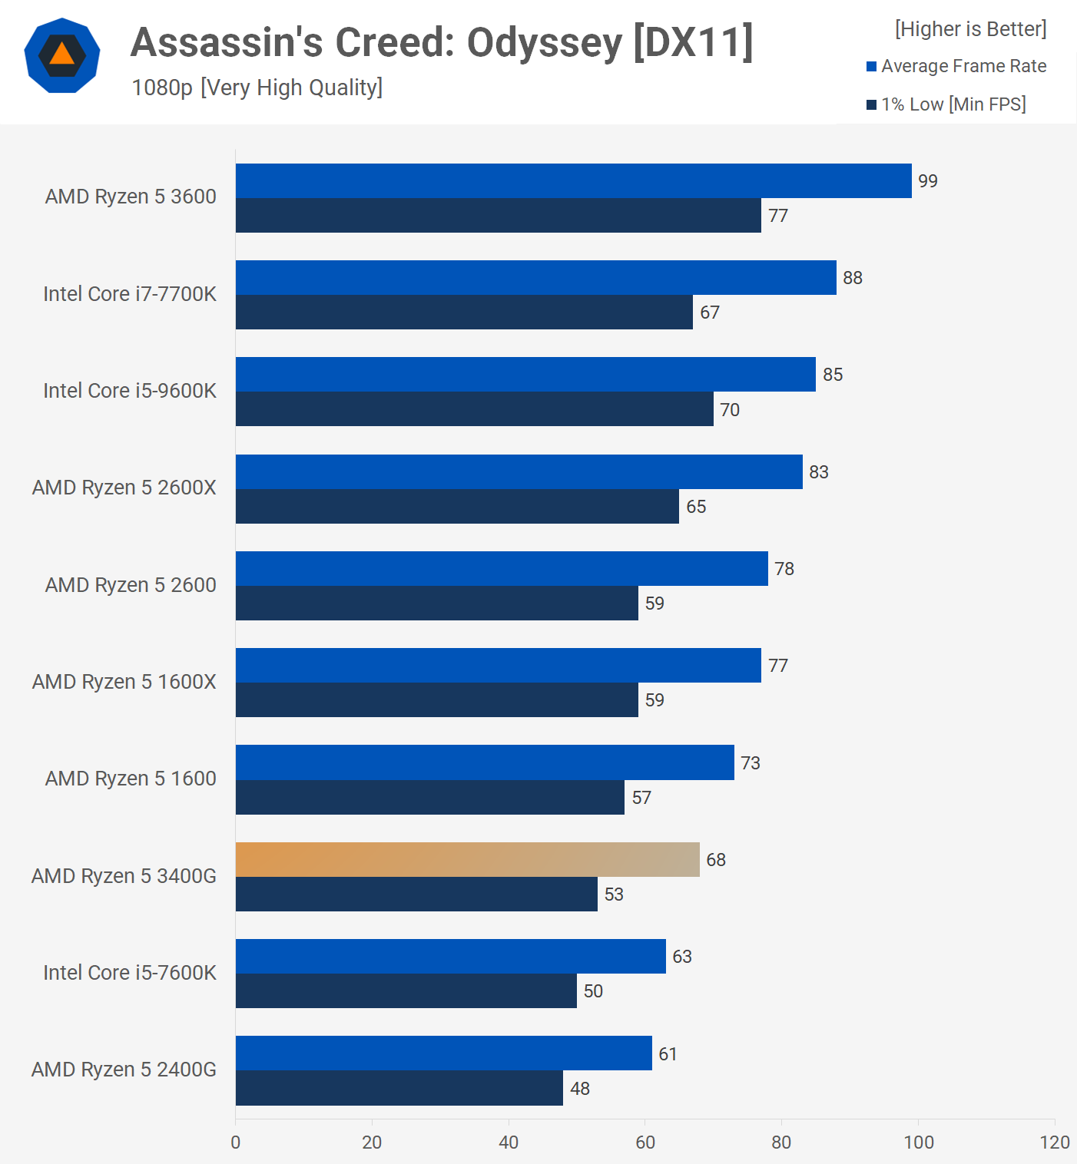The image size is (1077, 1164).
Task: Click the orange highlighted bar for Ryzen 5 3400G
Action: click(x=467, y=859)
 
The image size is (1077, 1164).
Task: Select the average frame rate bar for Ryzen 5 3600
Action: click(x=573, y=180)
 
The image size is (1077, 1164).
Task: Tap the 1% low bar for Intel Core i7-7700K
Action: click(x=464, y=312)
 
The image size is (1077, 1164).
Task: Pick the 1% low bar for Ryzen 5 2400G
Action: click(x=399, y=1088)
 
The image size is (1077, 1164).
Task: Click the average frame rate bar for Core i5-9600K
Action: click(x=525, y=375)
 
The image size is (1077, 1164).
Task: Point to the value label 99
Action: click(x=928, y=181)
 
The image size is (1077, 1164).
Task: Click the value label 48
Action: click(x=580, y=1089)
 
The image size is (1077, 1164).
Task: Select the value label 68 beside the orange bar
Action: click(x=716, y=860)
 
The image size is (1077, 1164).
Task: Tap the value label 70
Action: click(x=730, y=410)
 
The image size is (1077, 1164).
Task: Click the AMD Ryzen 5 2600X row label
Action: click(x=124, y=488)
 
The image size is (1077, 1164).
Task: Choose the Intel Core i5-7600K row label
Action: click(x=130, y=973)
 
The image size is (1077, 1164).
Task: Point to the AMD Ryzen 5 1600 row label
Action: click(x=131, y=779)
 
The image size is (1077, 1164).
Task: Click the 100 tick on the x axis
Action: click(x=919, y=1143)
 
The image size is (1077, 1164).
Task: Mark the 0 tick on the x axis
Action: click(x=236, y=1143)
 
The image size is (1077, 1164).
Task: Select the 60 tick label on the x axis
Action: click(x=645, y=1143)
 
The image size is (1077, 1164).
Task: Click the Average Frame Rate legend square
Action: click(x=871, y=67)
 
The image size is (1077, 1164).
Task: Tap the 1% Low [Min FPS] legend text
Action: click(x=953, y=104)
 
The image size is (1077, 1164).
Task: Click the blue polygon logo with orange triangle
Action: click(x=62, y=55)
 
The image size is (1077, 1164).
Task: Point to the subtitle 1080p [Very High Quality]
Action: click(x=257, y=88)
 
